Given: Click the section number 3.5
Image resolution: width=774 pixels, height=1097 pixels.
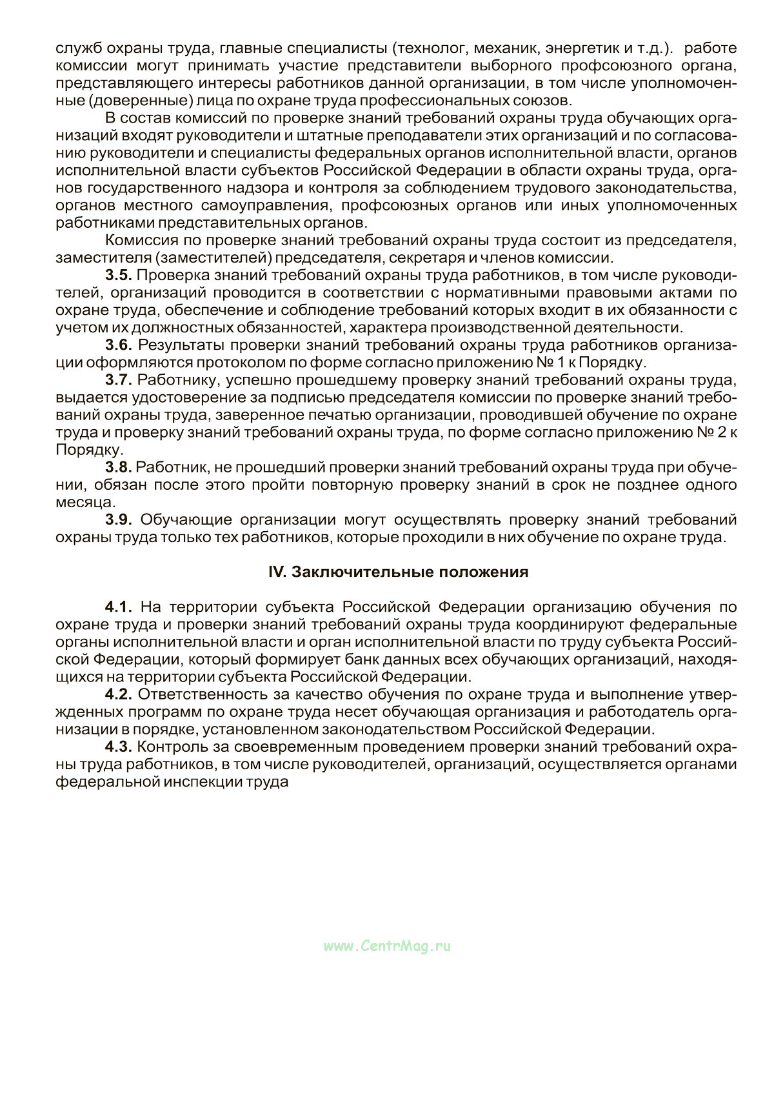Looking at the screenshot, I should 119,276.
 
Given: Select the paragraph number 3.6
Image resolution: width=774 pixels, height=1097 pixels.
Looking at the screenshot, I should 119,345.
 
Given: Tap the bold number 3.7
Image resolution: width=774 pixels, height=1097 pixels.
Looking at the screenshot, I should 119,380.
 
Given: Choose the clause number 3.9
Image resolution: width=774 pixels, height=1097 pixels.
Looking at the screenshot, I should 119,519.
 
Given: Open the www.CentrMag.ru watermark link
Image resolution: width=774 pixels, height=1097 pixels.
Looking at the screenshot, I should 386,947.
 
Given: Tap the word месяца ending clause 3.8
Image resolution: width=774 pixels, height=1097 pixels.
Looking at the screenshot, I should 83,502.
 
